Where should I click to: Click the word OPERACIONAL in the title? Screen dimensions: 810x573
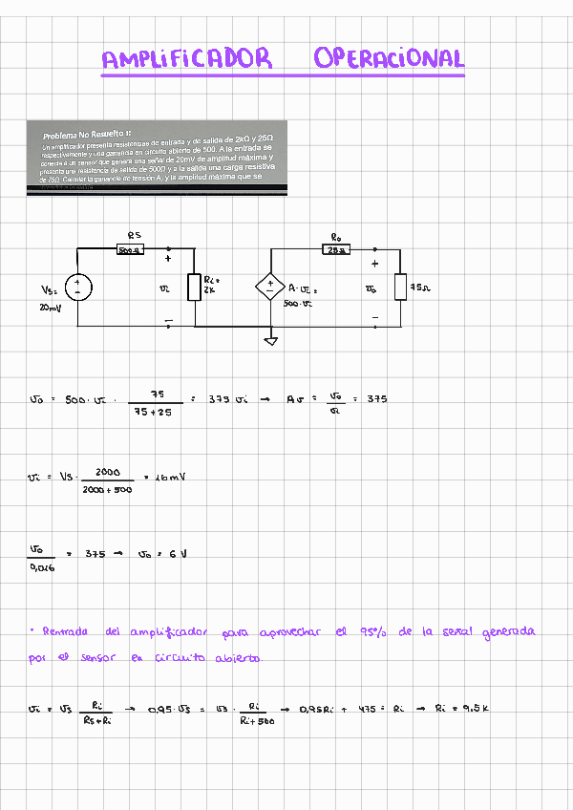(x=388, y=59)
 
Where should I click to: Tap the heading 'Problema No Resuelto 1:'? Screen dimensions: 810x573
(x=87, y=135)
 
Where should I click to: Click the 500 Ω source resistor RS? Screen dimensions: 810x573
(x=129, y=250)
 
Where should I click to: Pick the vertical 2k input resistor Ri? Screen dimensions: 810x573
(x=195, y=287)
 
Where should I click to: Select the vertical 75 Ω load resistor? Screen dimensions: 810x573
(x=400, y=287)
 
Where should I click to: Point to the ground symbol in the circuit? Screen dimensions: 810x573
(x=271, y=340)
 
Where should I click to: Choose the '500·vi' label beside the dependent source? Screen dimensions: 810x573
(x=298, y=304)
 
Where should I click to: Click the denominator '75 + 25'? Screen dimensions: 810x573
(x=153, y=413)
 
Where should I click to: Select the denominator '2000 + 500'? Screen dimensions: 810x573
(x=107, y=489)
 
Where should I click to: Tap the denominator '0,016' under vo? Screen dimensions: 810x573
(x=42, y=567)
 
